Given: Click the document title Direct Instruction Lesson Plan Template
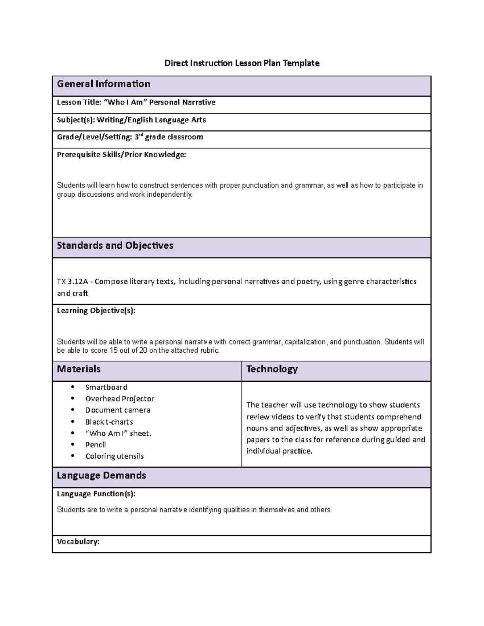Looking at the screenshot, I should [242, 63].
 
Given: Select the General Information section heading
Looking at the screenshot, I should [103, 84].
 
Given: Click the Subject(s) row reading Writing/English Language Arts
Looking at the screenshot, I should [131, 120].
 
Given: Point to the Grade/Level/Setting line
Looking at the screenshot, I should [130, 137].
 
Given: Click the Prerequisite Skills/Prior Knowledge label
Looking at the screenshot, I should [121, 155].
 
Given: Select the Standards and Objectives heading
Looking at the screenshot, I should [115, 245].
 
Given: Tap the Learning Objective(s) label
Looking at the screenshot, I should [96, 310].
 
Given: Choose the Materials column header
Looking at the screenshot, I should [79, 369].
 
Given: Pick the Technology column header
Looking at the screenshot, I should [272, 369].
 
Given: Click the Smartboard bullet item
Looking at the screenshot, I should [106, 387].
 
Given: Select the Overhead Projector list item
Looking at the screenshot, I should [120, 399].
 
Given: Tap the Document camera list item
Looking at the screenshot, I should [118, 410].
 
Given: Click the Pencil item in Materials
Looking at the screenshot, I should [96, 445].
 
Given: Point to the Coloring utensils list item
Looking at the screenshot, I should [115, 456].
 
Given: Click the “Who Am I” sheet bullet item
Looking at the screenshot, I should [118, 433].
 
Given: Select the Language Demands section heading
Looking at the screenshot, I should [101, 475].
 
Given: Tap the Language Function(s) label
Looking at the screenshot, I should [96, 494].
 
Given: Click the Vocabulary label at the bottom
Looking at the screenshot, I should [78, 542].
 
